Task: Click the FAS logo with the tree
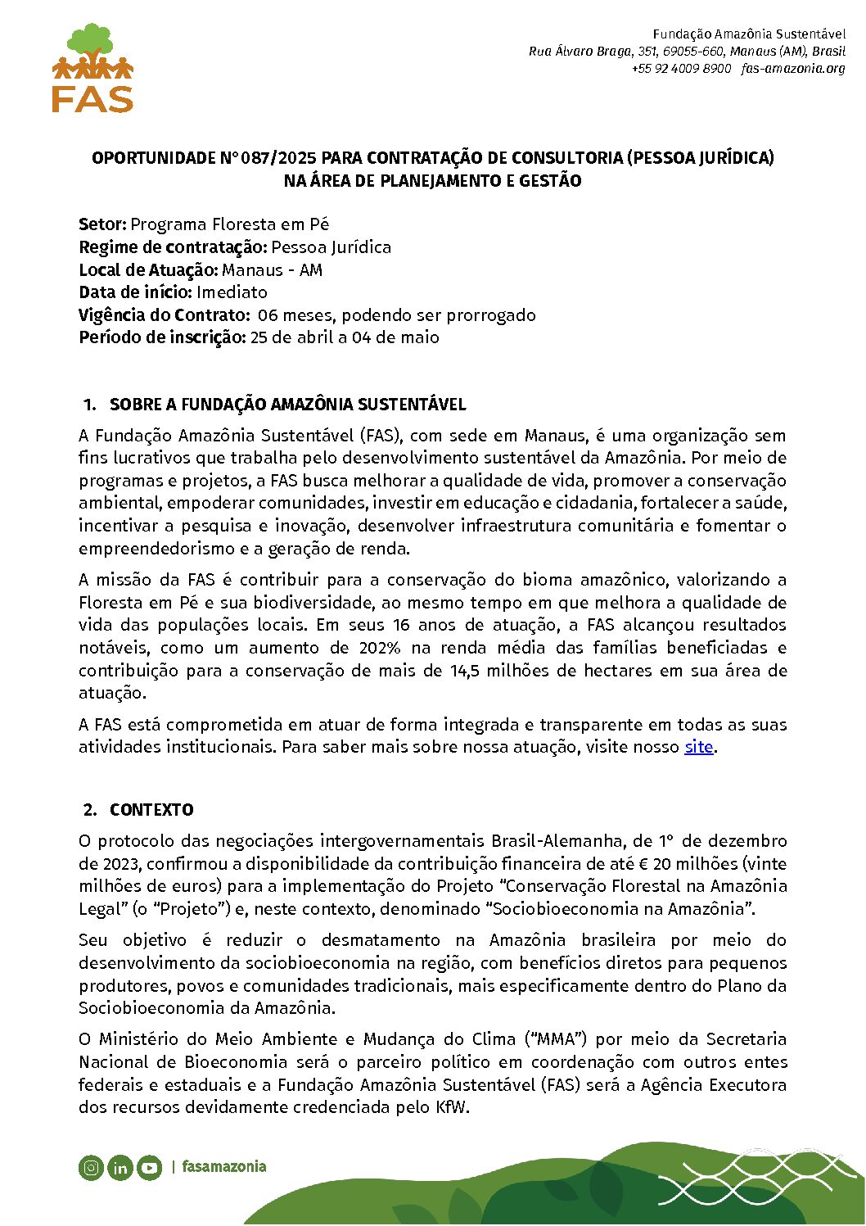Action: click(x=92, y=68)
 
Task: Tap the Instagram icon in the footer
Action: click(x=91, y=1167)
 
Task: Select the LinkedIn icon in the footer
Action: click(x=120, y=1168)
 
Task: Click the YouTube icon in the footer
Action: click(x=149, y=1167)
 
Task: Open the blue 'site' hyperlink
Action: click(x=698, y=747)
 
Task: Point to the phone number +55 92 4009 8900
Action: click(x=681, y=69)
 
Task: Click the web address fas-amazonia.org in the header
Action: click(x=793, y=69)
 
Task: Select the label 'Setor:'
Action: click(x=102, y=224)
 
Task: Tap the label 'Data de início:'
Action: click(x=135, y=292)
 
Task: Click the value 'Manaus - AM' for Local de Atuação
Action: click(x=273, y=270)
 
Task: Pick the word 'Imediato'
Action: click(x=232, y=292)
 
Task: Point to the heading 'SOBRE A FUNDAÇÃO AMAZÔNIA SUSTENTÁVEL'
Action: click(x=287, y=405)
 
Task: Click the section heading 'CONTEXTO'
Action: click(x=151, y=810)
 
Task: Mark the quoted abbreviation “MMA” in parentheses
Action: click(x=556, y=1039)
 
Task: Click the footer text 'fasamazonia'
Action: click(x=223, y=1166)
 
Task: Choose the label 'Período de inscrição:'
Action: click(x=162, y=337)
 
